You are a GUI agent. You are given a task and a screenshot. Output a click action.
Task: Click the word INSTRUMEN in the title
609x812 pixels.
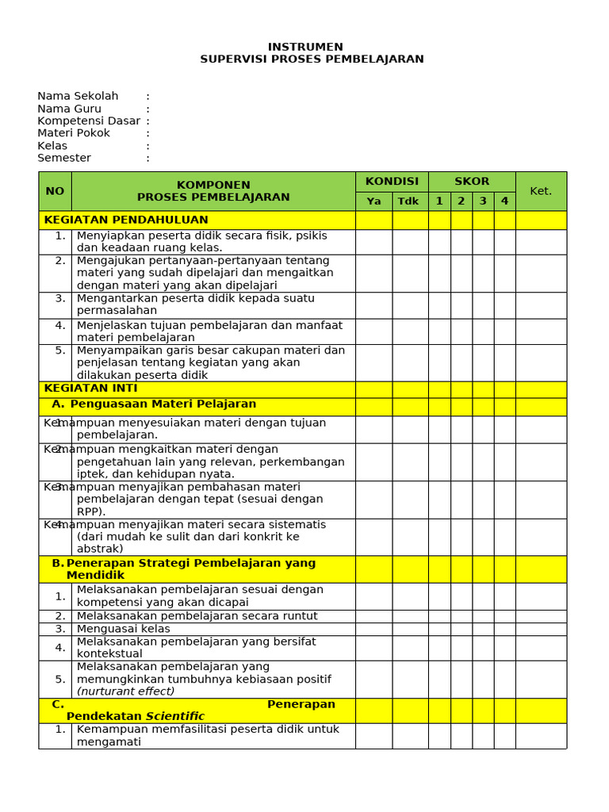[x=305, y=47]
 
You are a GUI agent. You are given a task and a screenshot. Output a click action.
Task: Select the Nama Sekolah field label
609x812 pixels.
[x=78, y=96]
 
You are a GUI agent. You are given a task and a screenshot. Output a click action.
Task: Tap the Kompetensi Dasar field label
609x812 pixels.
[x=89, y=121]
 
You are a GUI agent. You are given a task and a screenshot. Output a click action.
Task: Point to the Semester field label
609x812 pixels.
[x=64, y=158]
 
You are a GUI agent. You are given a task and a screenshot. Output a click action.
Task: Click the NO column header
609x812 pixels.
[x=55, y=191]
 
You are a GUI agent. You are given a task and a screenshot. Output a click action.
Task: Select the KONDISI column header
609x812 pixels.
[x=392, y=182]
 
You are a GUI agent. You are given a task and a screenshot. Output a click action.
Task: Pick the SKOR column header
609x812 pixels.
[x=472, y=182]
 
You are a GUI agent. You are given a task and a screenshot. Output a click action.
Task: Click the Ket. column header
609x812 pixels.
[x=541, y=191]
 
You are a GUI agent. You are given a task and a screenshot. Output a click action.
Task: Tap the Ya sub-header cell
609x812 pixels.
[x=373, y=201]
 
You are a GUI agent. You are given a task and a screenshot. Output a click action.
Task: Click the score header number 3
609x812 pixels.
[x=483, y=201]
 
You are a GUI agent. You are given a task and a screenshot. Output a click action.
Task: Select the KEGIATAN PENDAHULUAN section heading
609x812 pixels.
[x=126, y=220]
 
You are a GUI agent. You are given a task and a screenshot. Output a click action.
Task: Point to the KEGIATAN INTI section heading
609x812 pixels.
[x=91, y=389]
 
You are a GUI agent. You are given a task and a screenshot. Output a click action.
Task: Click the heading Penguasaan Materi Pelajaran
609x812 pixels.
[x=163, y=404]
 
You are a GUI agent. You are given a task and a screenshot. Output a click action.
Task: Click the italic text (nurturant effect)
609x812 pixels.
[x=125, y=691]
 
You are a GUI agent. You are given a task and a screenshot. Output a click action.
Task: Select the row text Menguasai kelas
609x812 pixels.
[x=123, y=629]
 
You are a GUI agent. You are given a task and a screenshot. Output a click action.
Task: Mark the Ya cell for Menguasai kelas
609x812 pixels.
[x=373, y=629]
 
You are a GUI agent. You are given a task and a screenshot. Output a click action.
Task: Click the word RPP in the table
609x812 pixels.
[x=89, y=511]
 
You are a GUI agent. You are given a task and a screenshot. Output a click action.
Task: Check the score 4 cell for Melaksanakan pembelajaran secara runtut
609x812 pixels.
[x=504, y=616]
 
